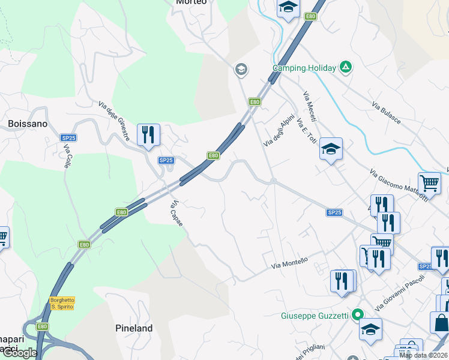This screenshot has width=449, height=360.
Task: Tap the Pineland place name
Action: coord(134,328)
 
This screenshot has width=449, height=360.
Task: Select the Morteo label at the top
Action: coord(191,2)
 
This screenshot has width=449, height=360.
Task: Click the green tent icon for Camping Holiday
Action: coord(345,67)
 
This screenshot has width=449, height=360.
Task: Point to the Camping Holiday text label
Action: coord(304,68)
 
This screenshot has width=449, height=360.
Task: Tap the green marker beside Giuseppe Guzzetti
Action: coord(358,314)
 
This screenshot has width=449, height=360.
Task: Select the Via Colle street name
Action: coord(68,156)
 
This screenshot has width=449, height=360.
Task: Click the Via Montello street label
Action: coord(289,263)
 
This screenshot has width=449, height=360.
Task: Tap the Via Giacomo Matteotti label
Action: coord(399,185)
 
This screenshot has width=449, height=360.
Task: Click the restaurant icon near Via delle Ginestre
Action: coord(148,135)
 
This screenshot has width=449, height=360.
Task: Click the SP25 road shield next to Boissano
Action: coord(68,138)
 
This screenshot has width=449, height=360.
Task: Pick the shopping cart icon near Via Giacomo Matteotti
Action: coord(429,183)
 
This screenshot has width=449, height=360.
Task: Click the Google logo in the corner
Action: coord(20,353)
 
